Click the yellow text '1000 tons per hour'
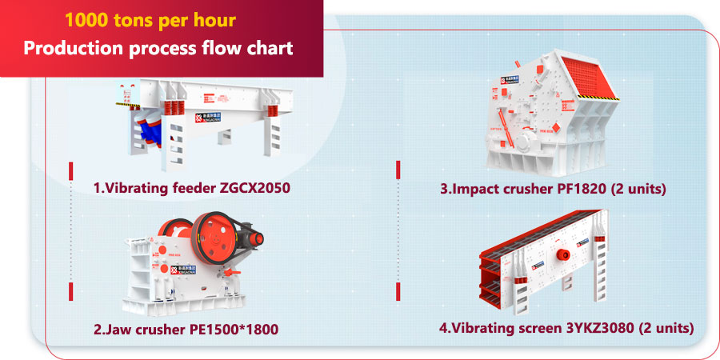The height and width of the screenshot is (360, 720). [x=150, y=21]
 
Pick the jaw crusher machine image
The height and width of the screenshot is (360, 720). [x=193, y=263]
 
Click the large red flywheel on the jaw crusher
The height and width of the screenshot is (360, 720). [x=216, y=238]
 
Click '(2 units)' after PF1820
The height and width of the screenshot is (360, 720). [x=638, y=189]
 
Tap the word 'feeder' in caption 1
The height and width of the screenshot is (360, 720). [x=192, y=188]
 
